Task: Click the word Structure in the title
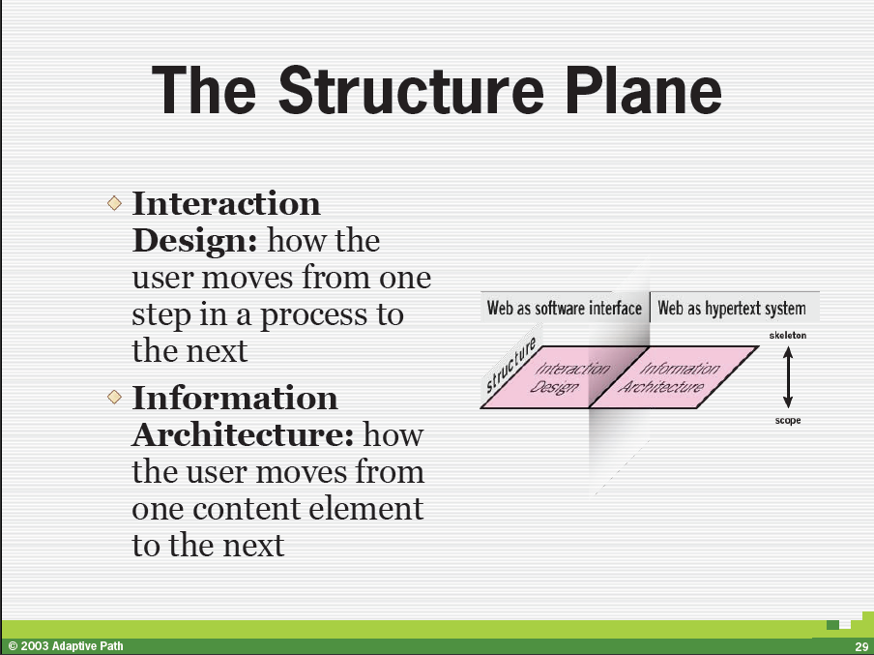pyautogui.click(x=411, y=90)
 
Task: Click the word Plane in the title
pyautogui.click(x=644, y=90)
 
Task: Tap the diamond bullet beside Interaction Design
pyautogui.click(x=114, y=202)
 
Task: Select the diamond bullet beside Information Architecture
pyautogui.click(x=114, y=397)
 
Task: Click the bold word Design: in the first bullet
pyautogui.click(x=195, y=241)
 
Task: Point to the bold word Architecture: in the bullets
pyautogui.click(x=243, y=434)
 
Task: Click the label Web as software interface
pyautogui.click(x=564, y=308)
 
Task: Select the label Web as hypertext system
pyautogui.click(x=731, y=308)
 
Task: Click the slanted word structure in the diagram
pyautogui.click(x=510, y=365)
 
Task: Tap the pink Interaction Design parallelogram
pyautogui.click(x=564, y=377)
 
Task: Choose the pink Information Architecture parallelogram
pyautogui.click(x=673, y=377)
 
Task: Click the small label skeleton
pyautogui.click(x=788, y=336)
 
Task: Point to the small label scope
pyautogui.click(x=788, y=420)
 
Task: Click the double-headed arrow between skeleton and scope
pyautogui.click(x=788, y=377)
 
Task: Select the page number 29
pyautogui.click(x=861, y=647)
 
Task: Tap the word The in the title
pyautogui.click(x=203, y=90)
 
